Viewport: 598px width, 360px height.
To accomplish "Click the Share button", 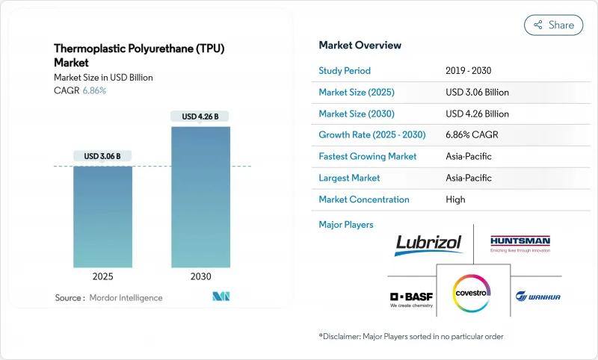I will (x=553, y=25).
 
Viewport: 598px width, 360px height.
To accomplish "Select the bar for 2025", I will (x=102, y=217).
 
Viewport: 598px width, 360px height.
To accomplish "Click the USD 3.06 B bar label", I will (x=102, y=156).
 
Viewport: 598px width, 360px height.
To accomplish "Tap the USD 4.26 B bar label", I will (x=200, y=116).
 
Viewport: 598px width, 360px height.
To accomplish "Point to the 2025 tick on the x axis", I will (x=102, y=276).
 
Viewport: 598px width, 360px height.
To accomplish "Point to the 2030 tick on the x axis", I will (x=200, y=276).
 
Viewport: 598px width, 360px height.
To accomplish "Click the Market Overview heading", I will (x=360, y=45).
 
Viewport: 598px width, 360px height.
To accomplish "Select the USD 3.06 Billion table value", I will (x=477, y=93).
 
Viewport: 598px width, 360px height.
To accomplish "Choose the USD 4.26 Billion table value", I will (x=477, y=114).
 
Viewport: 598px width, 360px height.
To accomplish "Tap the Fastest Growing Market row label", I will (x=367, y=157).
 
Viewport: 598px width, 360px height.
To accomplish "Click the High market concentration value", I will (x=455, y=199).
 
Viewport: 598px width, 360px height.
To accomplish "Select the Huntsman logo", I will (x=520, y=243).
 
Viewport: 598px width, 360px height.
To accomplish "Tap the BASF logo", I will (x=410, y=298).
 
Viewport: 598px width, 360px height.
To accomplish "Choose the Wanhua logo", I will (x=537, y=297).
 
